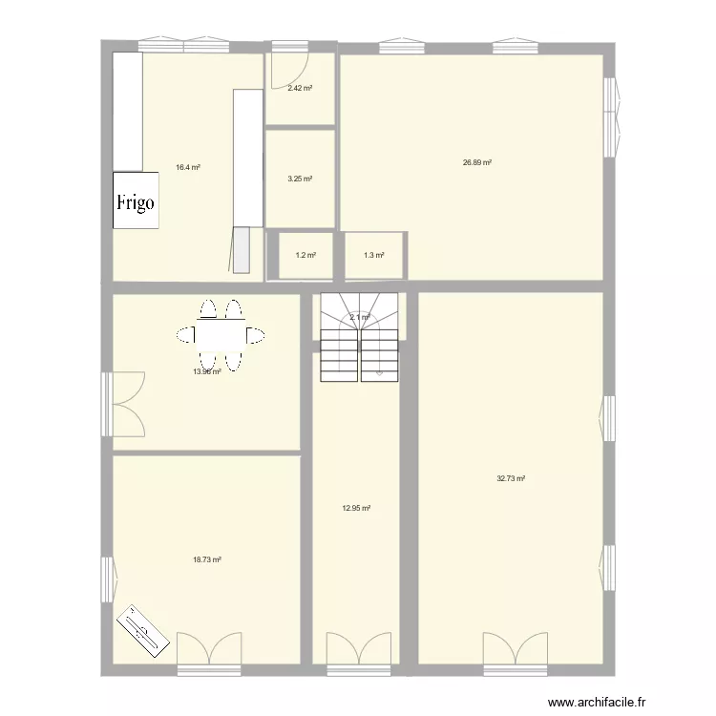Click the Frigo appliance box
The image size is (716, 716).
click(136, 200)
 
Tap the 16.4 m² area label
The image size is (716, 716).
click(187, 167)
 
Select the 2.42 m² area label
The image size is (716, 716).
click(300, 88)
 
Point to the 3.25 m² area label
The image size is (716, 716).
click(300, 179)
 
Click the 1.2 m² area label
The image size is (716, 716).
click(305, 255)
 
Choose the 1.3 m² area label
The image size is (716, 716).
click(373, 255)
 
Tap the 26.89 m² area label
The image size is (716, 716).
click(476, 162)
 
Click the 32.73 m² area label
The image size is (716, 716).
click(511, 478)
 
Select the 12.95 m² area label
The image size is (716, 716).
click(356, 509)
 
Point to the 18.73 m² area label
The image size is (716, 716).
click(207, 560)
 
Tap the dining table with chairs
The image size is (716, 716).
click(221, 335)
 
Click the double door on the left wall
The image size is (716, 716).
click(124, 402)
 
